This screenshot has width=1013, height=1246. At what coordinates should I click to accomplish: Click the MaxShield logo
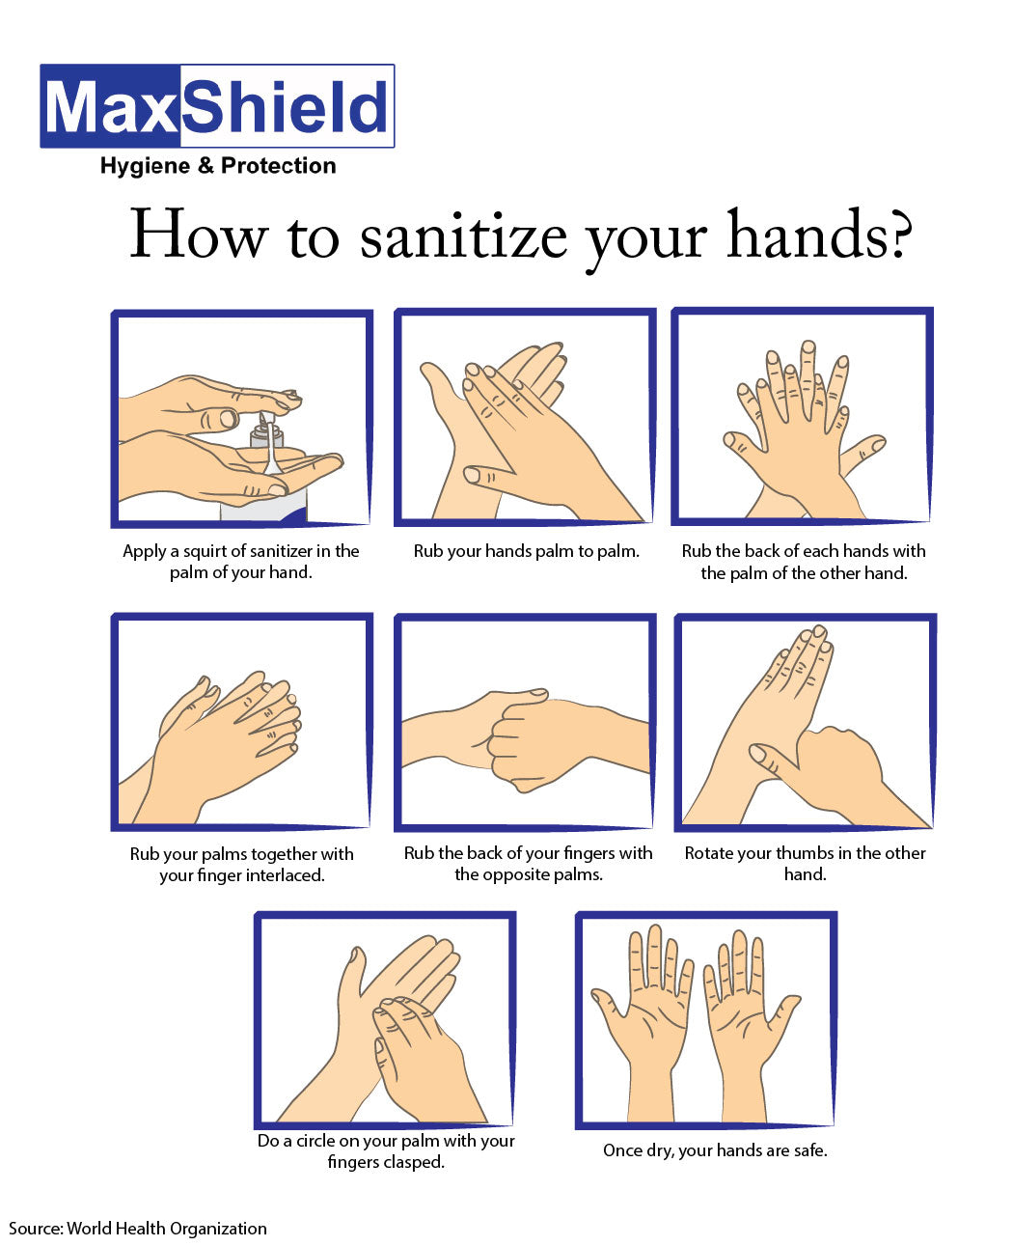click(217, 106)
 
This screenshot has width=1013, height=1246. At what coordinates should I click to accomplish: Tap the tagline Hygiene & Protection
click(218, 166)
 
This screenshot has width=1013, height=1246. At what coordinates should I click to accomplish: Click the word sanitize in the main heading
click(463, 236)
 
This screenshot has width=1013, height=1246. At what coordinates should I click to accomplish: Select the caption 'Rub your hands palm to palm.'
click(526, 551)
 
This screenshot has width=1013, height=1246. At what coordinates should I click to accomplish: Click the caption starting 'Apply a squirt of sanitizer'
click(240, 562)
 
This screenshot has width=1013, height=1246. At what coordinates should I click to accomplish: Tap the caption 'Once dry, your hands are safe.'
click(715, 1149)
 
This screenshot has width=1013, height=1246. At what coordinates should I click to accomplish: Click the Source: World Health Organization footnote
click(138, 1228)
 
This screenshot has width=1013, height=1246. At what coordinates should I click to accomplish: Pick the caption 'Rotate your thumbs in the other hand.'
click(805, 863)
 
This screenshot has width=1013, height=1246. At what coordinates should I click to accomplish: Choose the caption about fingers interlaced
click(241, 864)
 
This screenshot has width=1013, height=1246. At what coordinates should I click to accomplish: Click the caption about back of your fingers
click(528, 863)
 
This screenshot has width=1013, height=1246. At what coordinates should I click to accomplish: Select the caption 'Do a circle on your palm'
click(386, 1150)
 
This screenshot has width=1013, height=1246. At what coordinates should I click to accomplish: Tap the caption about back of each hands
click(803, 562)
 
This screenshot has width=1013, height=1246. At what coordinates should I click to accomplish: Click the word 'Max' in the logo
click(111, 106)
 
